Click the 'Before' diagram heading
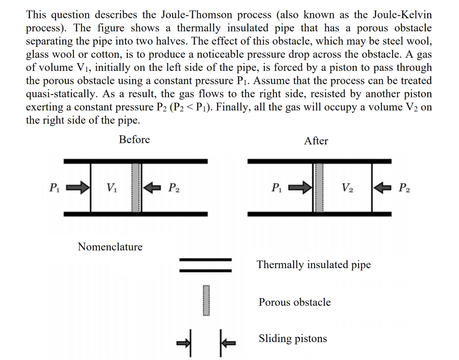tap(134, 139)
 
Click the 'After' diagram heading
tap(316, 141)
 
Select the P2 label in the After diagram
tap(403, 187)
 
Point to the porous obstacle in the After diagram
tap(319, 187)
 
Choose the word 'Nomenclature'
tap(110, 247)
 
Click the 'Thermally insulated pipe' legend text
tap(314, 265)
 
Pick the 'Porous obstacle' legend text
tap(294, 302)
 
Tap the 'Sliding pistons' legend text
tap(293, 338)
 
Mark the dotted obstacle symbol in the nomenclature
tap(206, 301)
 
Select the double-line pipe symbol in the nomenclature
tap(206, 265)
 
